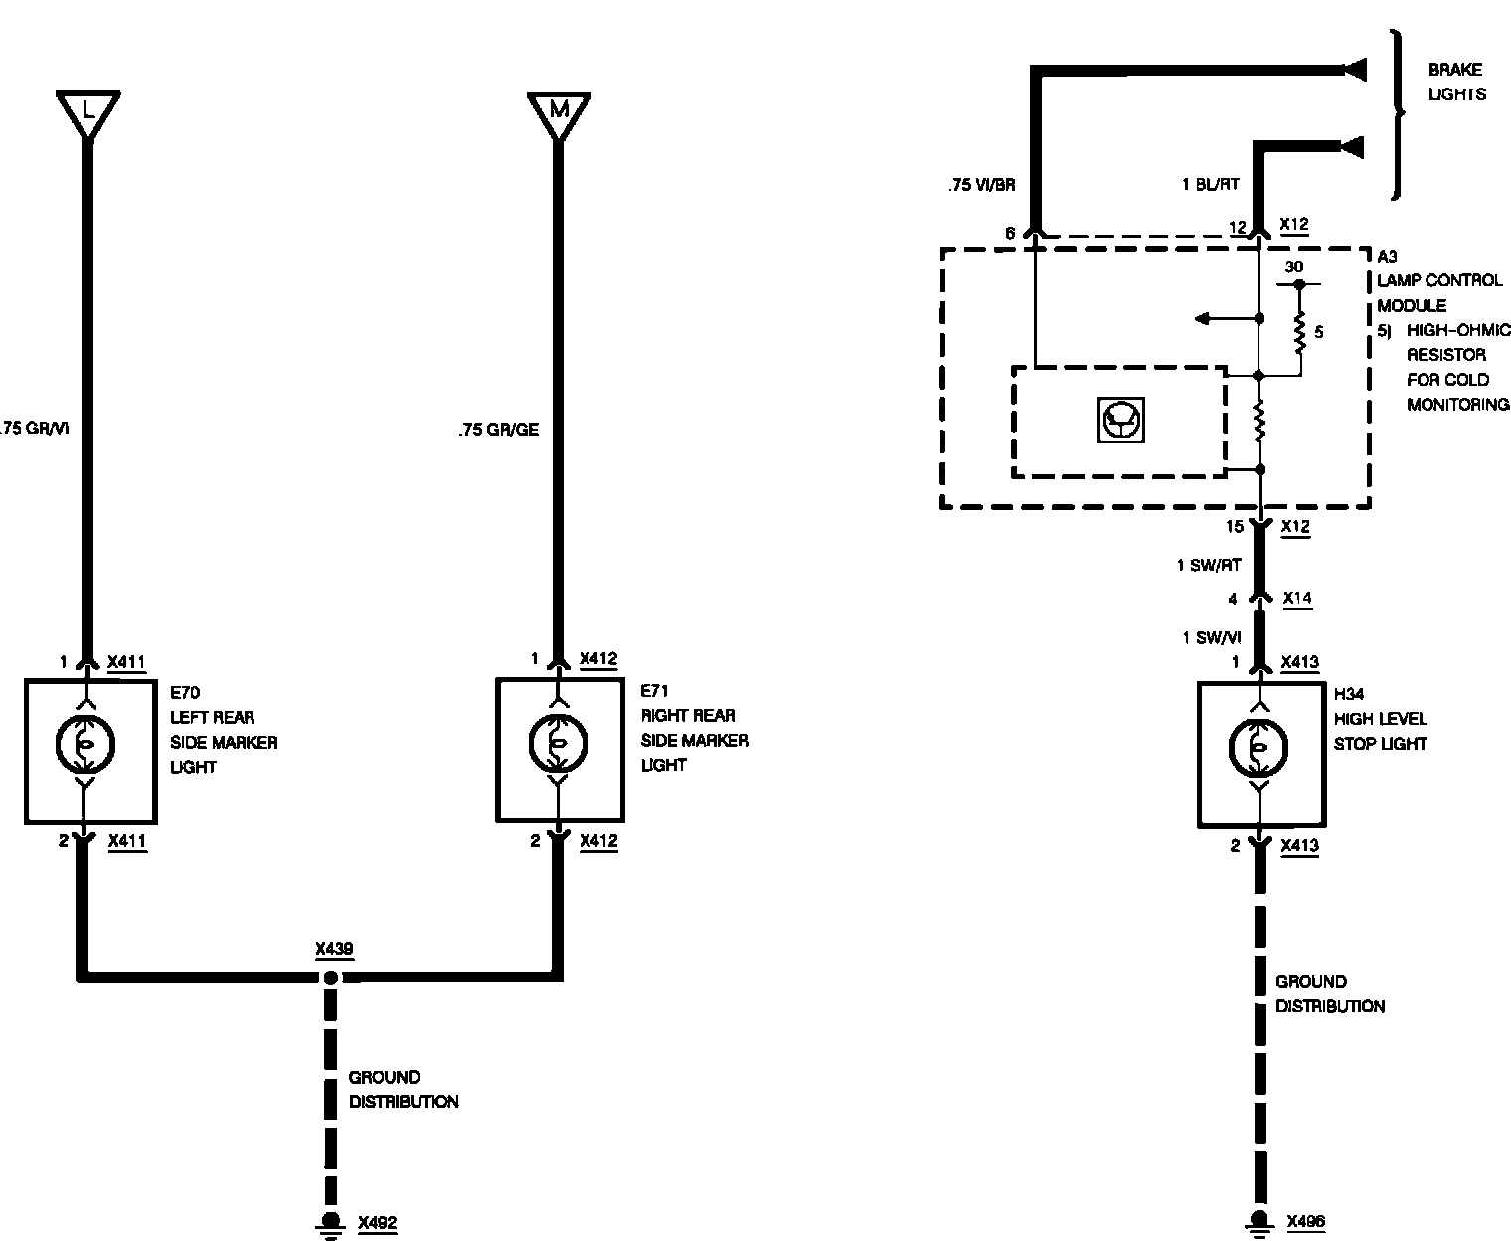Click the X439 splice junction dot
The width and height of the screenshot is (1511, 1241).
[330, 977]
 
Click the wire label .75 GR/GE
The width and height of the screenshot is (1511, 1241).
[499, 431]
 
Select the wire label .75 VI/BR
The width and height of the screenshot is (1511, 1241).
[981, 184]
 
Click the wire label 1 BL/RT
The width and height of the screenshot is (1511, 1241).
[1211, 184]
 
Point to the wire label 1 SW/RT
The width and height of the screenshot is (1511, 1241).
[1209, 565]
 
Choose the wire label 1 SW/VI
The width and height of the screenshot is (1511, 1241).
[1212, 638]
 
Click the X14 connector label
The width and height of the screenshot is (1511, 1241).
[1297, 598]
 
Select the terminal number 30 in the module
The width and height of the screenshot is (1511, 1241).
[1293, 266]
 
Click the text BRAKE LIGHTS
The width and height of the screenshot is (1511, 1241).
[1456, 82]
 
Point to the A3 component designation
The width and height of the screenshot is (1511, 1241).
[1387, 257]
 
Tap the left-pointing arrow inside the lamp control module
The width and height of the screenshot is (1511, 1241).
[1203, 318]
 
